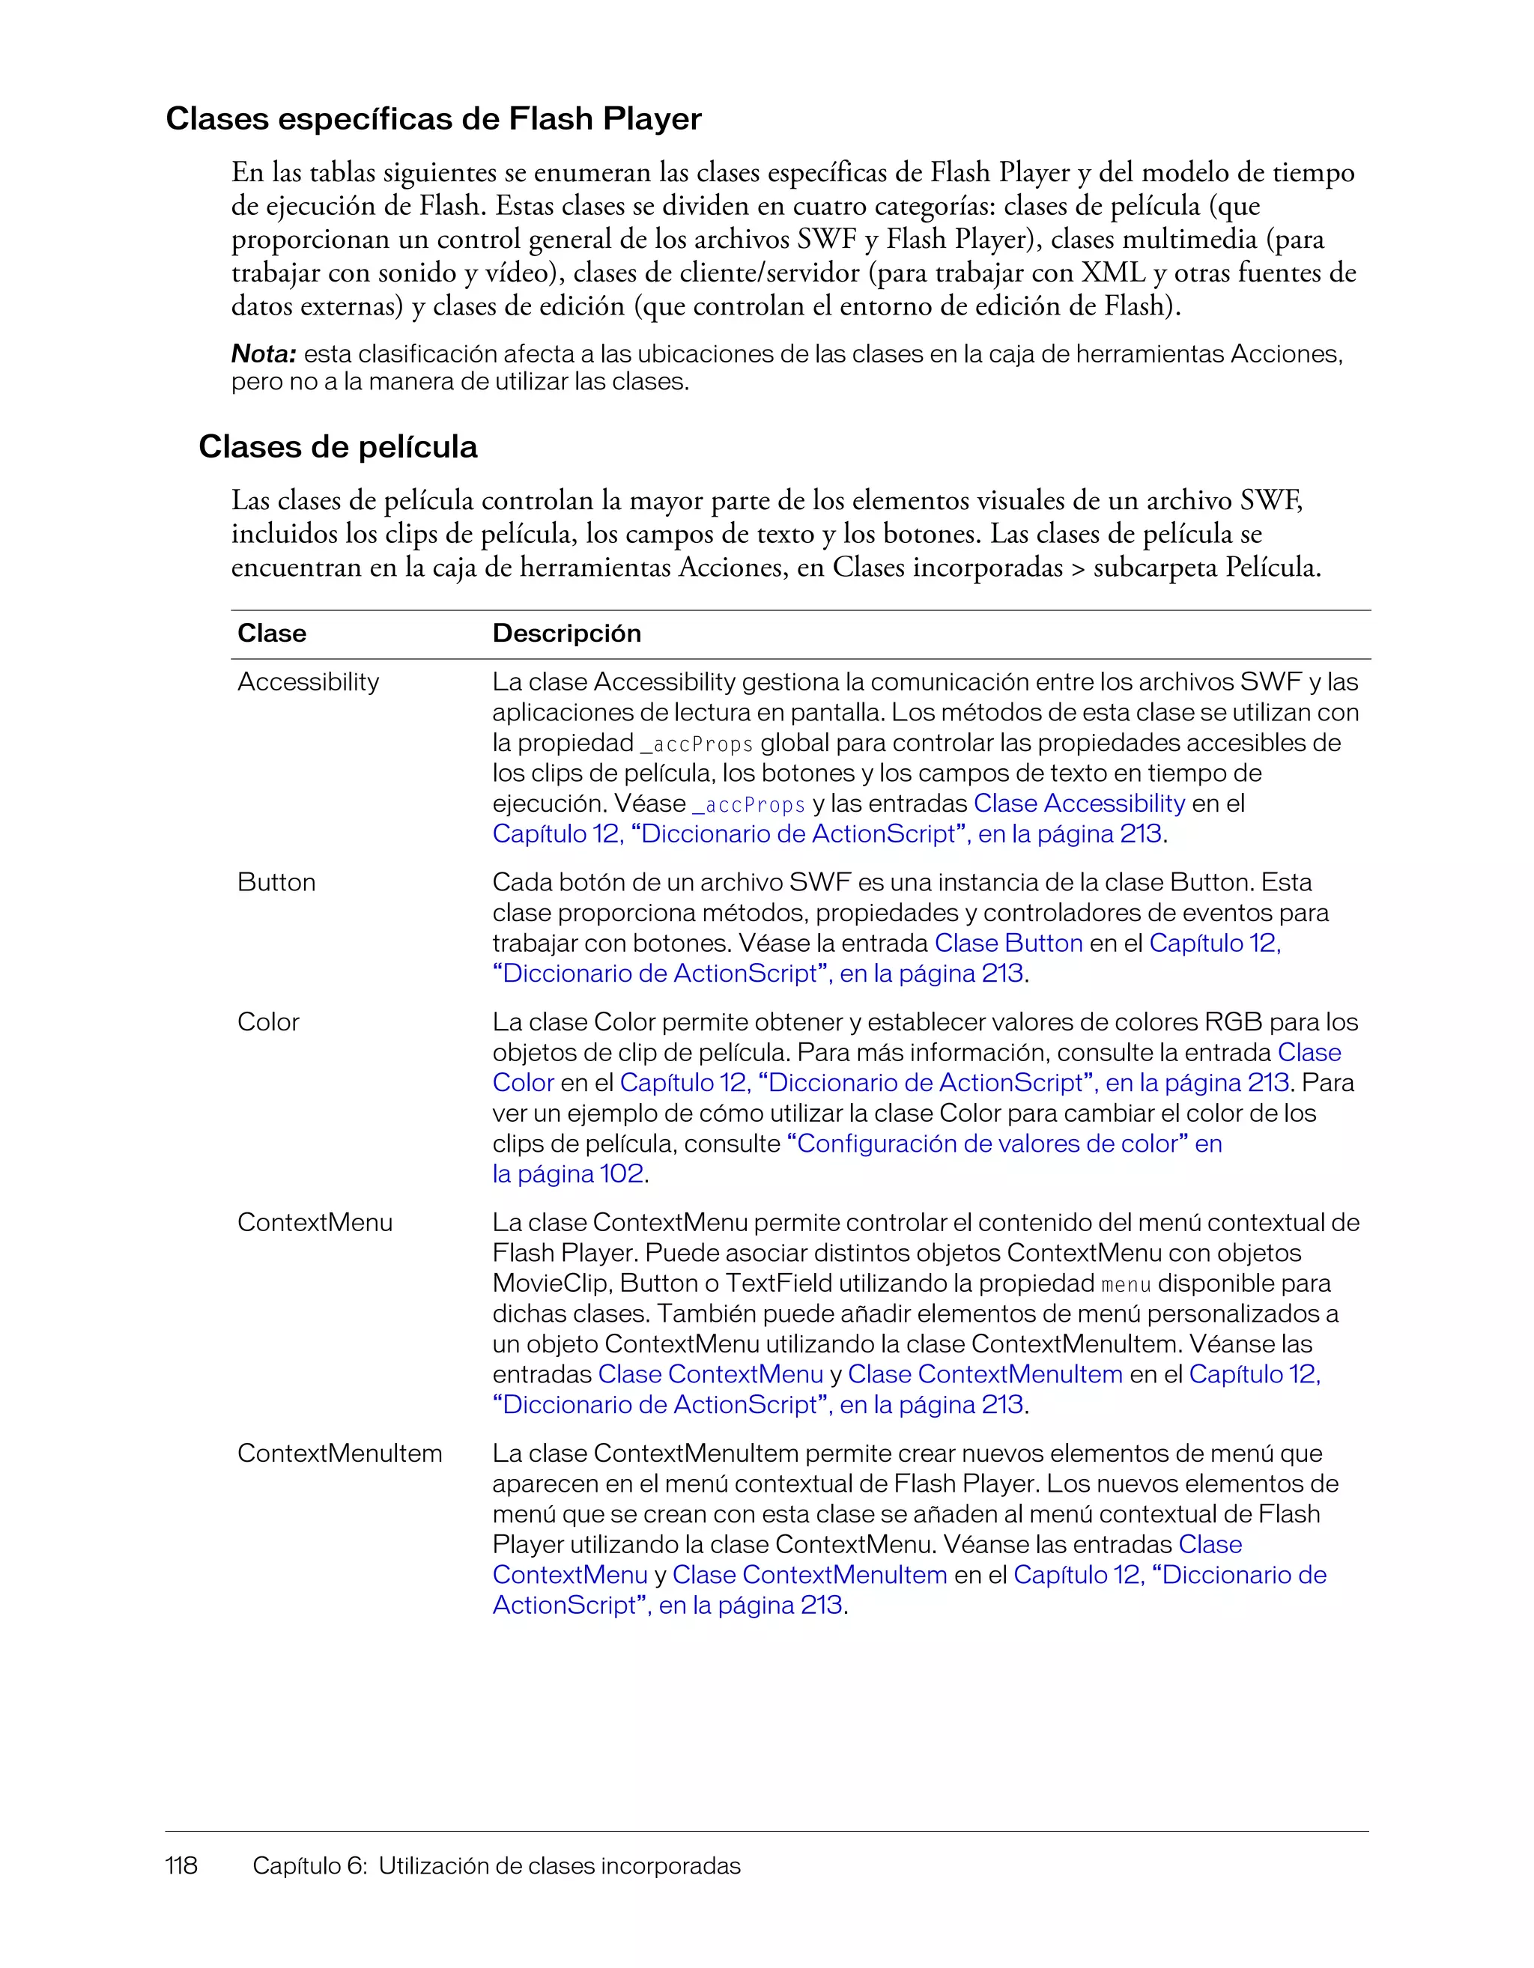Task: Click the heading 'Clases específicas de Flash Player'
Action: (433, 119)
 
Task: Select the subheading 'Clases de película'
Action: (337, 447)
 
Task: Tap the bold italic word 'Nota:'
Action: (263, 354)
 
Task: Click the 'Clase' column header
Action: (271, 634)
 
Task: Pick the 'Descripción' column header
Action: (566, 634)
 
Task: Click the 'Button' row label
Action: (276, 882)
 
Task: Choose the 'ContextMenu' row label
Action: (315, 1223)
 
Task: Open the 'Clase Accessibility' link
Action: (1079, 803)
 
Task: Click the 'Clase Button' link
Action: (1008, 944)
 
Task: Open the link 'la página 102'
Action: (568, 1174)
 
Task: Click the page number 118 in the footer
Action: (181, 1865)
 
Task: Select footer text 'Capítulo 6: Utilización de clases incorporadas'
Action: (496, 1865)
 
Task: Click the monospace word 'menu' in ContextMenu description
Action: (1126, 1284)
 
